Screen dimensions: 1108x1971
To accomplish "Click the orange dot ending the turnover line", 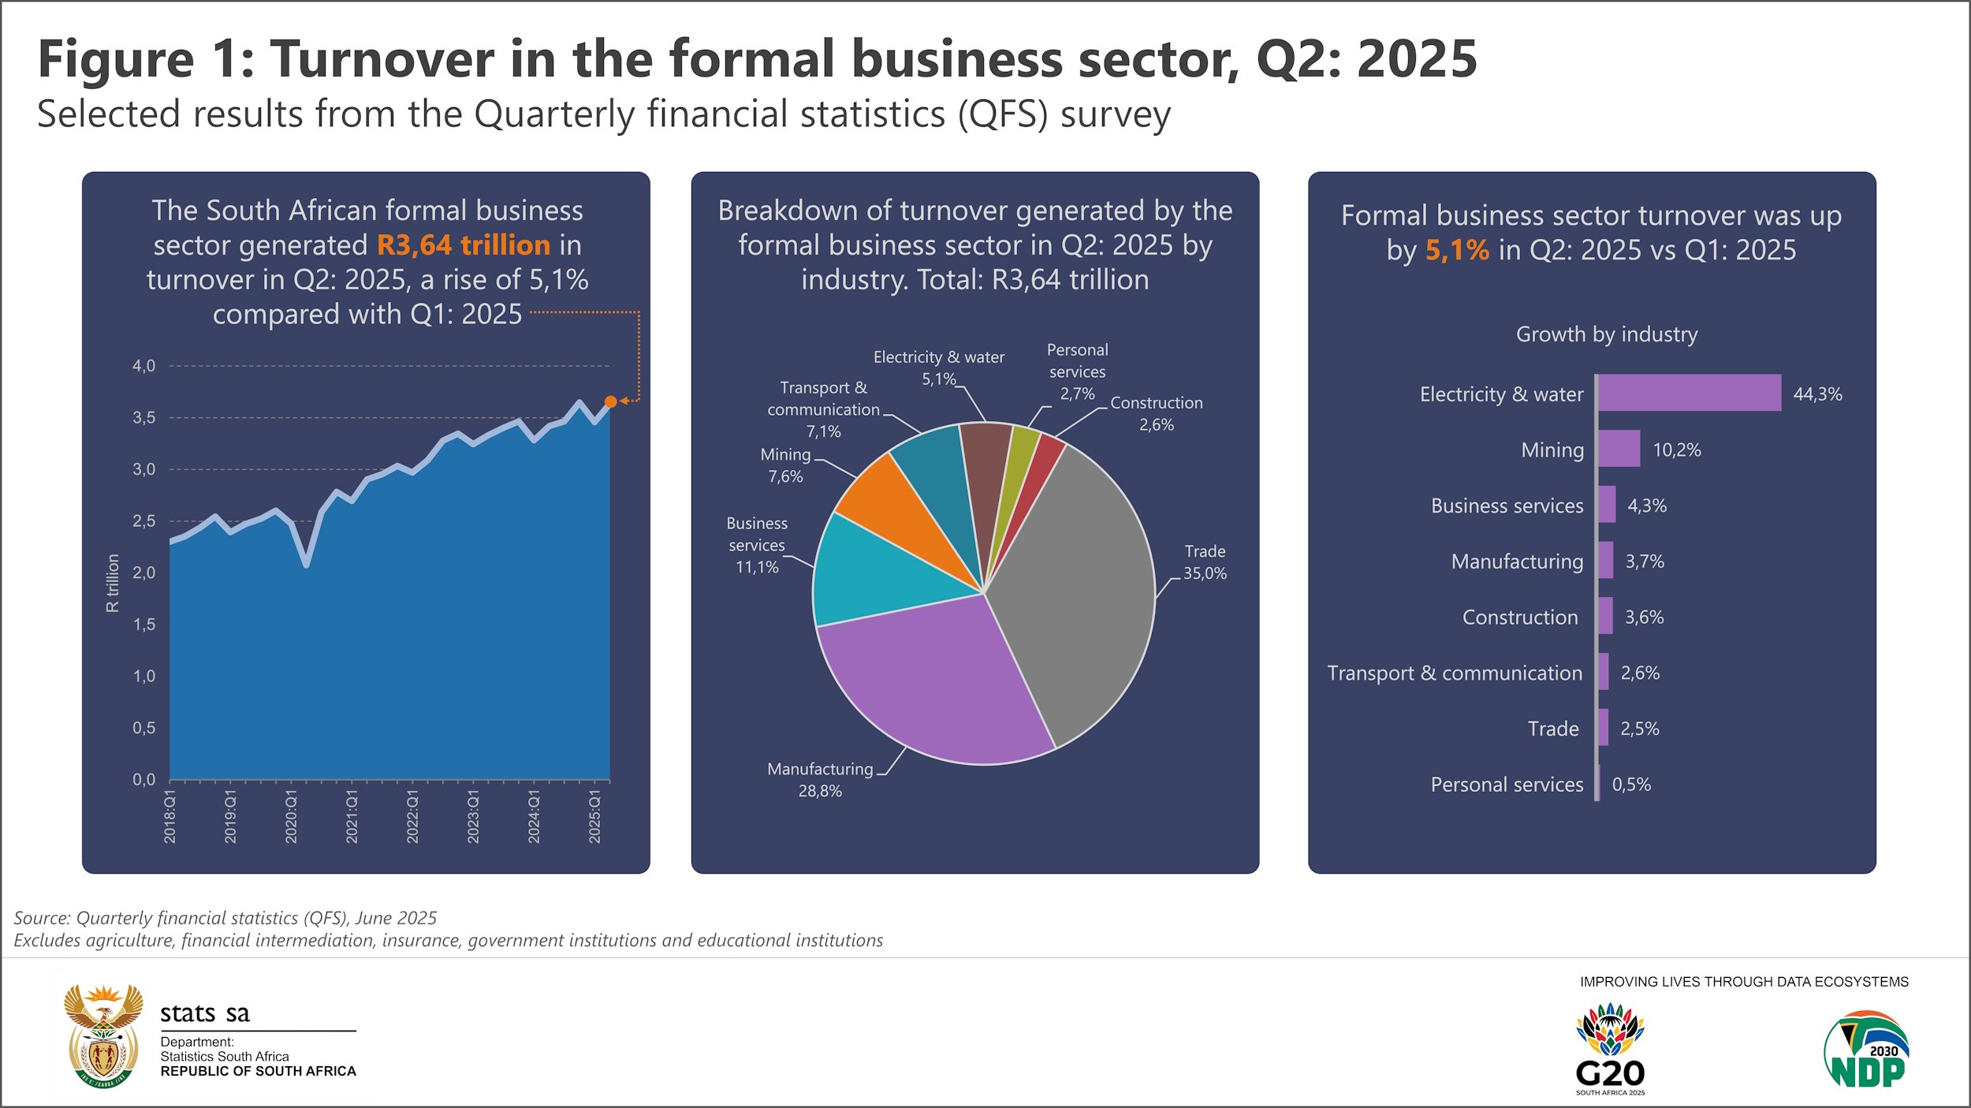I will point(610,401).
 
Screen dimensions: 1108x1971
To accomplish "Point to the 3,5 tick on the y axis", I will point(143,417).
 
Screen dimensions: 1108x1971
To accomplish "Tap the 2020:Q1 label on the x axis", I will point(291,815).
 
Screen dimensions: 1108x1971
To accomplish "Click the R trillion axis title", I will point(113,583).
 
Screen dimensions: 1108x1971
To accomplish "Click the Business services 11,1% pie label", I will point(757,545).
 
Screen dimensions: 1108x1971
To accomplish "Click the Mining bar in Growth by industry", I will point(1619,449).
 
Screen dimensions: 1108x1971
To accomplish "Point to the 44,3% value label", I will point(1817,394).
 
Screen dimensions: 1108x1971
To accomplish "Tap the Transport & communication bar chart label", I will point(1455,673).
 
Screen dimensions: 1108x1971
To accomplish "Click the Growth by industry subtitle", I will point(1606,334).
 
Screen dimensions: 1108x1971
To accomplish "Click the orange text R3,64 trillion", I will point(463,245).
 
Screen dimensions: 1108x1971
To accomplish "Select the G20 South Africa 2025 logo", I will point(1610,1049).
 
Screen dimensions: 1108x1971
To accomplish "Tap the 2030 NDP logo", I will point(1866,1049).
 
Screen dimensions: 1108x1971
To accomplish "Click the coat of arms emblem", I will point(103,1036).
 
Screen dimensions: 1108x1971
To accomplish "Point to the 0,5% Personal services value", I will point(1630,785).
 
